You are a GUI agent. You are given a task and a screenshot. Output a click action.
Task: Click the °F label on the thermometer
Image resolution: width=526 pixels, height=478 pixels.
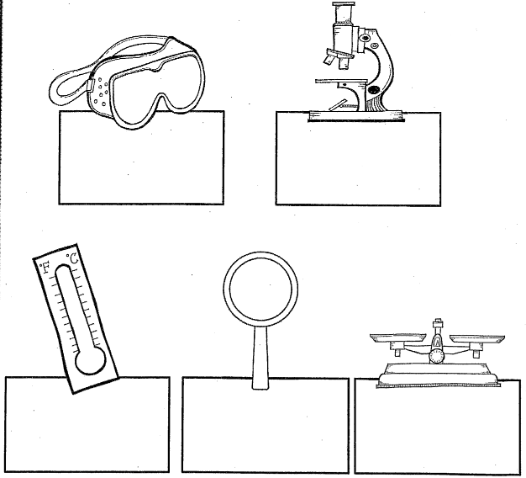click(x=45, y=268)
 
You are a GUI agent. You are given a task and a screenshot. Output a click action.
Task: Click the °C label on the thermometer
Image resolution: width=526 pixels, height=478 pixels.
click(x=72, y=258)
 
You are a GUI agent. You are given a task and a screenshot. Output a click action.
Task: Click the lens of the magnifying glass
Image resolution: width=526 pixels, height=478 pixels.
click(x=260, y=289)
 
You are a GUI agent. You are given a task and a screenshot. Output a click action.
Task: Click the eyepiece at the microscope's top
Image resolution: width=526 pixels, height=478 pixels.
click(x=344, y=13)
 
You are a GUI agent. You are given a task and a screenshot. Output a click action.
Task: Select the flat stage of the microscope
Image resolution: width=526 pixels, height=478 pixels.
click(x=342, y=82)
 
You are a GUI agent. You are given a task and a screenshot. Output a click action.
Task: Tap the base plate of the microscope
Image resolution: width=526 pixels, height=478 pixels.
click(x=355, y=115)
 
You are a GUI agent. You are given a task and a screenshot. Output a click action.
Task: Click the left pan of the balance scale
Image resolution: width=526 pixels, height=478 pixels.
click(x=397, y=337)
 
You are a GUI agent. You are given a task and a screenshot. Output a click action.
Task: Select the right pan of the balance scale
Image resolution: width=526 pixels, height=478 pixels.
click(x=477, y=338)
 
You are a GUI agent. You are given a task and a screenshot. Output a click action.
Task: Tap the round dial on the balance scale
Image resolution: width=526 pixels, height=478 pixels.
click(x=437, y=357)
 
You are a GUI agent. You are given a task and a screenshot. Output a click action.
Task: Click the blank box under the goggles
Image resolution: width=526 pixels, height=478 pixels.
click(x=141, y=157)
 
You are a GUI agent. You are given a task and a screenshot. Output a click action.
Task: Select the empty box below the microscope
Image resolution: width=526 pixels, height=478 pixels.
click(x=358, y=159)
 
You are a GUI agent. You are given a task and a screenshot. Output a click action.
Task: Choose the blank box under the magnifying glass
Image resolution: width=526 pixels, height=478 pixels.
click(x=266, y=425)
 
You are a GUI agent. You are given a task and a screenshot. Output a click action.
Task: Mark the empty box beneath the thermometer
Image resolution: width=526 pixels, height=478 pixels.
click(x=87, y=425)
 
